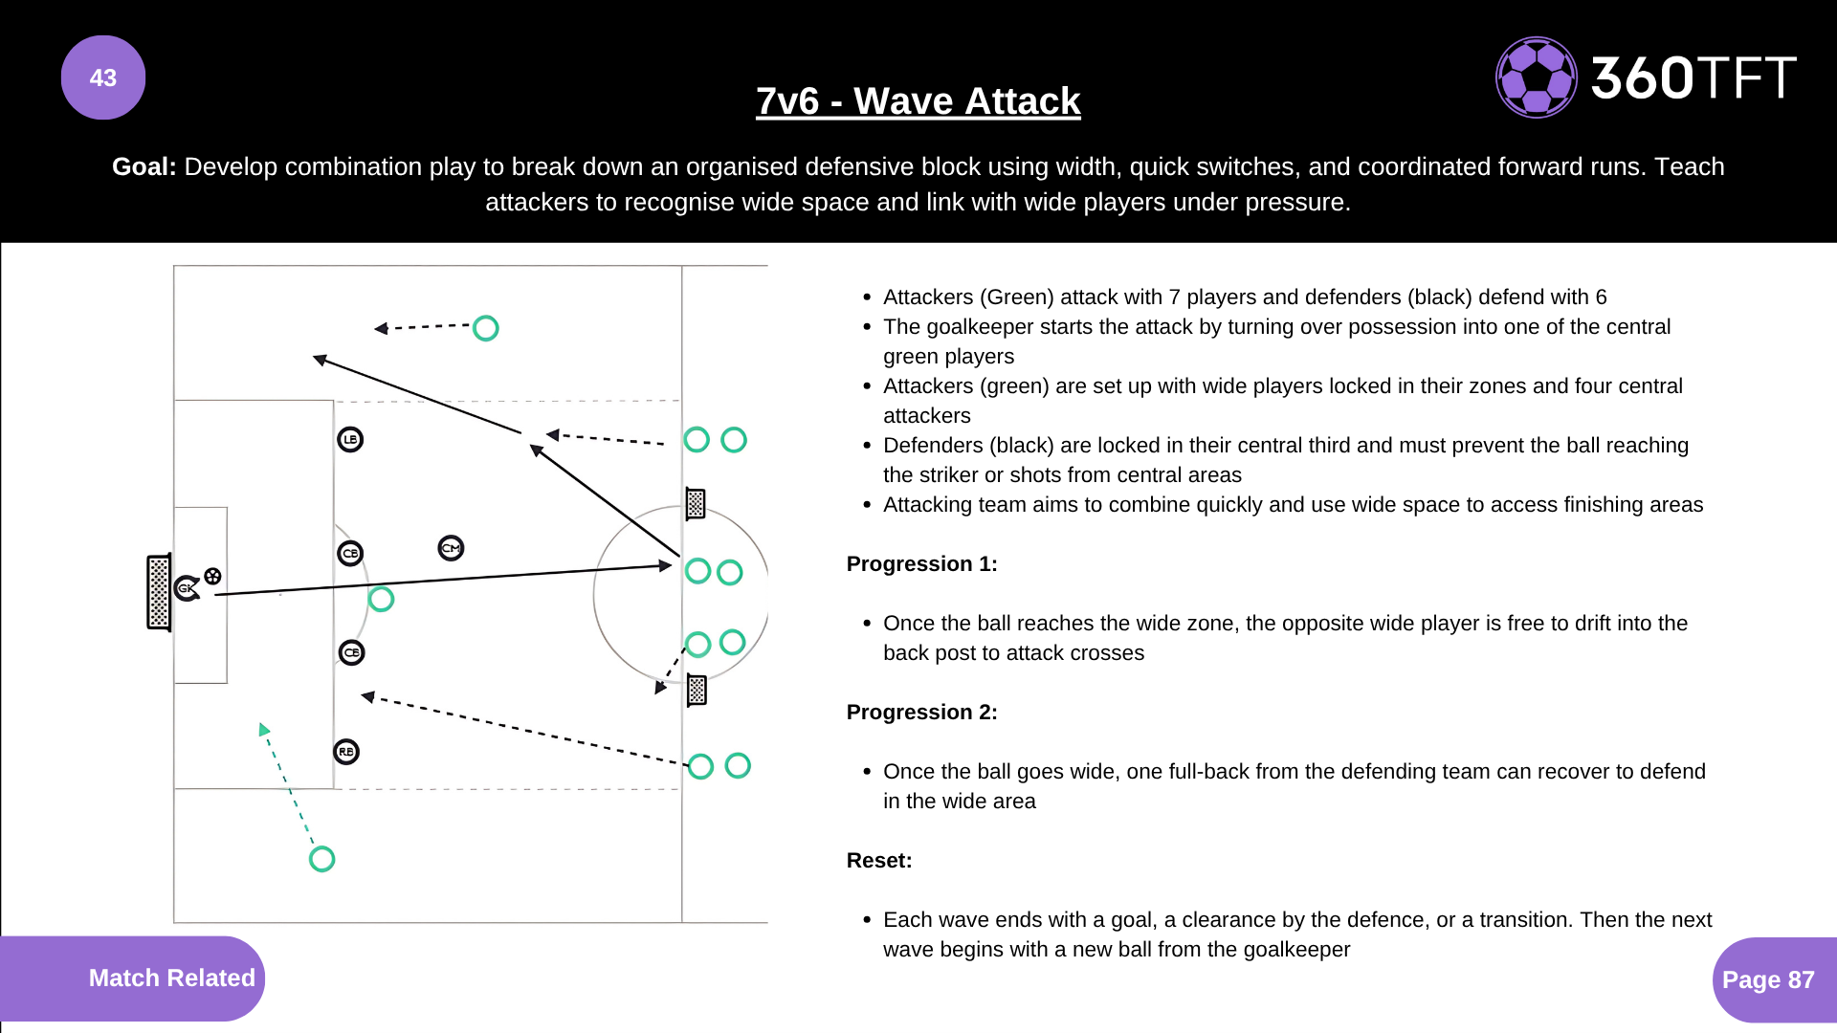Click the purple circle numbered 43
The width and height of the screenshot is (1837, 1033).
coord(103,77)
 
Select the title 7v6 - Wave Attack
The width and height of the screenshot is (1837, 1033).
coord(918,101)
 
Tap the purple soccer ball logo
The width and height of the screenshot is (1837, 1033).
coord(1536,77)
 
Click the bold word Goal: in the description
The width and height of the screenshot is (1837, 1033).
coord(144,166)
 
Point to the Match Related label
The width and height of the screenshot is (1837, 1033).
coord(171,978)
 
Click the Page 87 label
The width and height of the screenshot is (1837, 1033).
coord(1767,979)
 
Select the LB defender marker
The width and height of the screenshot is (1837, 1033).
coord(350,440)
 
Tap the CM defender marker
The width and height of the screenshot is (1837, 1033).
coord(451,548)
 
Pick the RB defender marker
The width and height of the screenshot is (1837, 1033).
coord(346,752)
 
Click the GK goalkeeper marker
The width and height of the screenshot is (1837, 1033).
coord(188,587)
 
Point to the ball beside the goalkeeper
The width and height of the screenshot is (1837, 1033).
coord(212,576)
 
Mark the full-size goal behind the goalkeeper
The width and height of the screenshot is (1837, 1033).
coord(159,593)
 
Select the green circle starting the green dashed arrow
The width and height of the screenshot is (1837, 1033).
coord(322,859)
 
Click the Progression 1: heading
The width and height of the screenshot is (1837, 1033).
coord(921,564)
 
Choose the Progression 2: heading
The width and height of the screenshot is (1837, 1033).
coord(921,713)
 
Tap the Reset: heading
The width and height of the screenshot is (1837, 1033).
coord(879,861)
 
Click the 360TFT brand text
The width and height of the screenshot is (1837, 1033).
coord(1693,77)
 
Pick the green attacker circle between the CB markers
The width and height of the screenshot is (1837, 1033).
coord(381,600)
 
